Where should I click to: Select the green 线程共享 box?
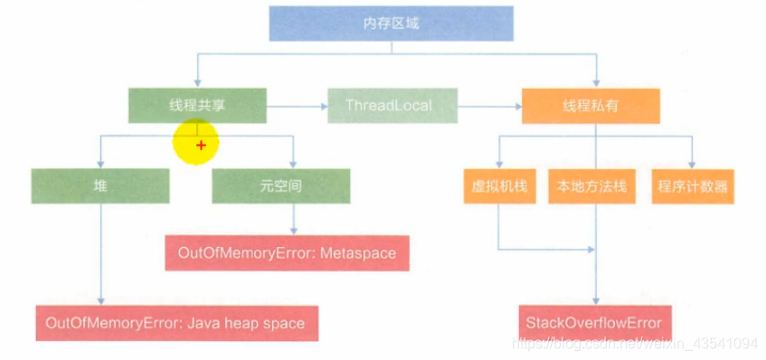point(197,106)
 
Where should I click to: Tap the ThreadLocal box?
point(389,106)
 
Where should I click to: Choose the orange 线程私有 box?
point(590,106)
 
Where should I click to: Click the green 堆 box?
point(99,185)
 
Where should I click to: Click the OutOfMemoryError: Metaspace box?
point(288,252)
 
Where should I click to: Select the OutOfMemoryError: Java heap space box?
point(175,323)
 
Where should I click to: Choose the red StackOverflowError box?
point(594,323)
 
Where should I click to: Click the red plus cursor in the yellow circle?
point(201,145)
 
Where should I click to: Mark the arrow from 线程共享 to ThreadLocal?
point(298,106)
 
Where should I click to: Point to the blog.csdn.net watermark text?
point(633,345)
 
